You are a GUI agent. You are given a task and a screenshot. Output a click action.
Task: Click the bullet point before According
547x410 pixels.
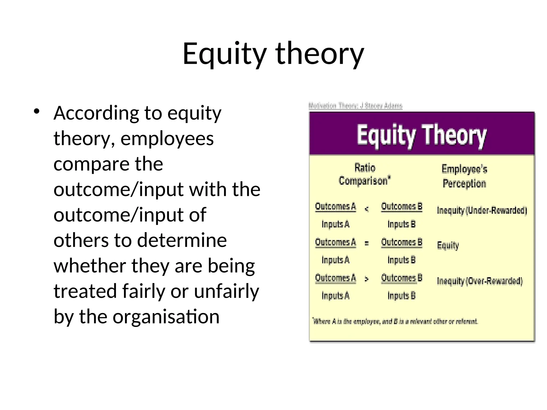tap(37, 112)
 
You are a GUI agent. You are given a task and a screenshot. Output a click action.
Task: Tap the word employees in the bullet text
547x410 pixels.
tap(167, 139)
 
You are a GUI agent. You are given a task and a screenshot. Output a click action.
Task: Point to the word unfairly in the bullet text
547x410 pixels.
tap(226, 291)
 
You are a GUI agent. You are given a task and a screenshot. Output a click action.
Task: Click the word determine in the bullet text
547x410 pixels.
tap(182, 240)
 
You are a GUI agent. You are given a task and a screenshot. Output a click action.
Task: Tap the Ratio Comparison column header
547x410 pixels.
tap(365, 174)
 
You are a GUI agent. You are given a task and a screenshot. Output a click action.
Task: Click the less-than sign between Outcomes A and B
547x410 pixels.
tap(367, 209)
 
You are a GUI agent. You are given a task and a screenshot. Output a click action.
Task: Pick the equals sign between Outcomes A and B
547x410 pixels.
tap(367, 243)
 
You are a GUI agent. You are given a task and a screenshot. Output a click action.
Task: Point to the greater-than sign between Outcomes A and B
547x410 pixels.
tap(367, 279)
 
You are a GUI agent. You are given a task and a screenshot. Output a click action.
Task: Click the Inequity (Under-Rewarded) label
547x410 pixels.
tap(482, 211)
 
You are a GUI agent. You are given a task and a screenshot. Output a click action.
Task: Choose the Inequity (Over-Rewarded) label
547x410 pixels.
tap(480, 281)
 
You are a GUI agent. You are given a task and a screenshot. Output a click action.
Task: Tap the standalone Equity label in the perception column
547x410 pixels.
tap(448, 245)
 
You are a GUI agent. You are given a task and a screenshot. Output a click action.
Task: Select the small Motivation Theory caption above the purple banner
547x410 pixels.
tap(355, 106)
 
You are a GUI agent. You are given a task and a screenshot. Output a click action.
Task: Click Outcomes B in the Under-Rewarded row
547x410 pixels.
tap(401, 207)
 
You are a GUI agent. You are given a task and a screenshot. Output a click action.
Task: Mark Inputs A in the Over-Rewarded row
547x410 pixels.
tap(335, 296)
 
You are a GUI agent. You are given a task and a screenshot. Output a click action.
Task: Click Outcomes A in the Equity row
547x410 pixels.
tap(335, 242)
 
